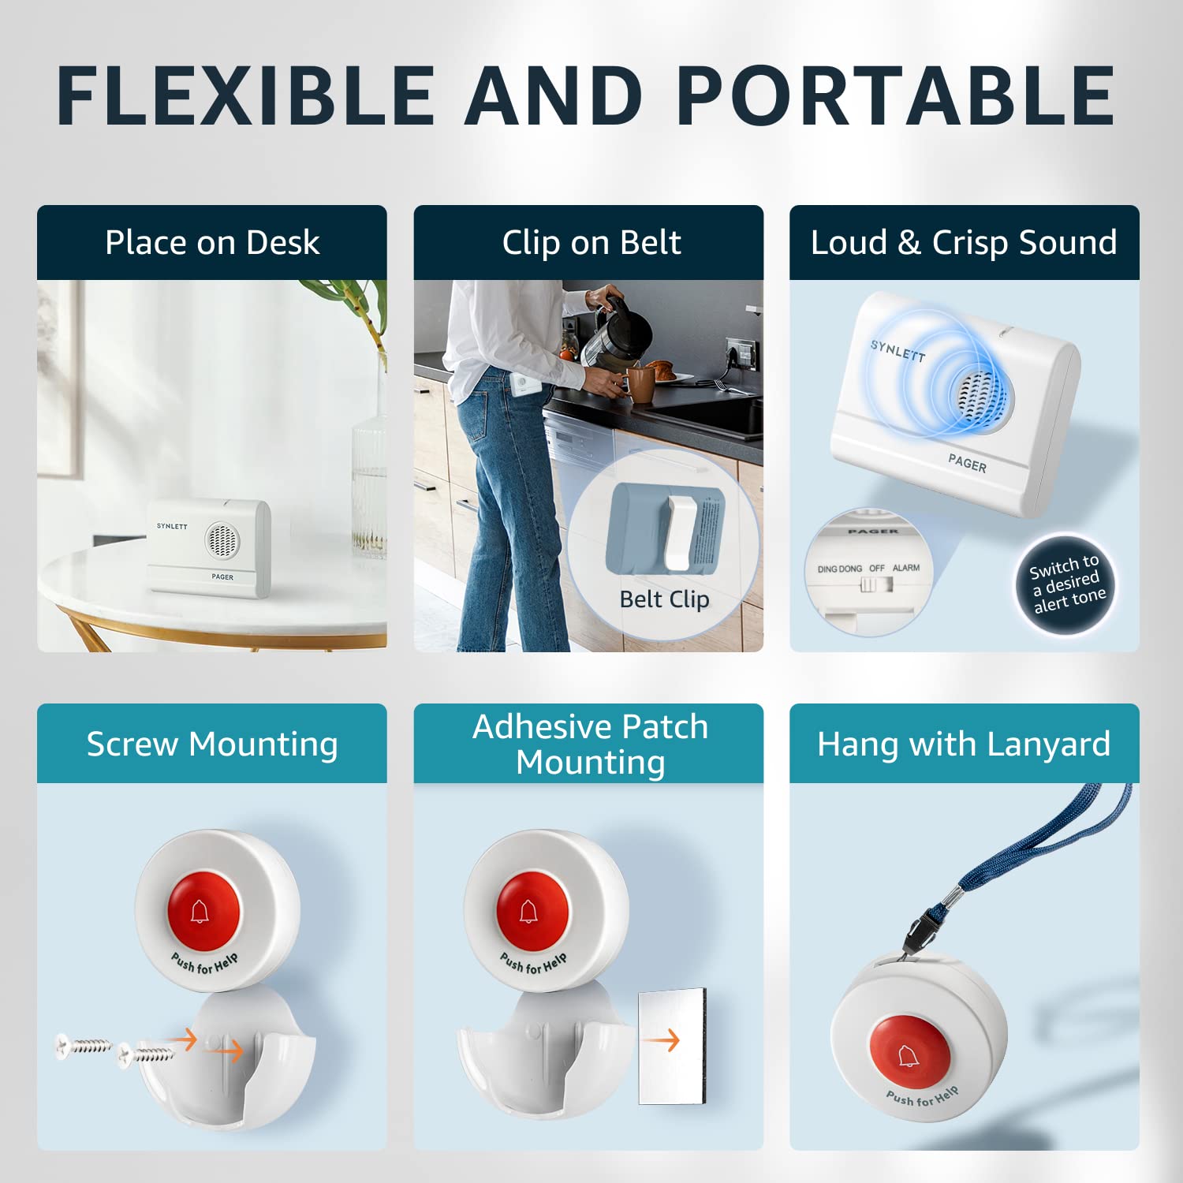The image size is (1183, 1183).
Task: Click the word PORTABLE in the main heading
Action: [x=895, y=95]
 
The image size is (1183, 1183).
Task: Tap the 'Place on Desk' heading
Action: [x=212, y=242]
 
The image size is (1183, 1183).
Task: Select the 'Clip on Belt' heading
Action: [x=591, y=242]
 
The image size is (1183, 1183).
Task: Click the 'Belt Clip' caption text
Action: [x=664, y=599]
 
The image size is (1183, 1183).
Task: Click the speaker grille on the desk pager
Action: [x=221, y=539]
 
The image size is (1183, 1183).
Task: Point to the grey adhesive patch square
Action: [x=671, y=1045]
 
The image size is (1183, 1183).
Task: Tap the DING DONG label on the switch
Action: [x=839, y=569]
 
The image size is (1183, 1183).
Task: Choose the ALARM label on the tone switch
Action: [x=906, y=568]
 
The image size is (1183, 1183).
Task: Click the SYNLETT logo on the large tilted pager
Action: [x=898, y=350]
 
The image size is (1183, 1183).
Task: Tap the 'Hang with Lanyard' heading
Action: [x=964, y=744]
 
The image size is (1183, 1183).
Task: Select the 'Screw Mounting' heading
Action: [x=212, y=744]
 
